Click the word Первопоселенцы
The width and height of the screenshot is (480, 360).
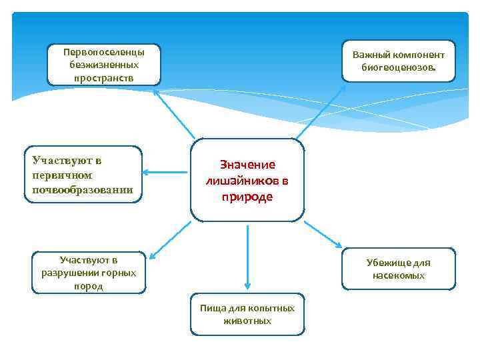point(103,52)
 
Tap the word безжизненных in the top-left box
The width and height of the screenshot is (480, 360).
point(103,65)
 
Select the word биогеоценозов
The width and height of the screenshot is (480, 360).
point(399,67)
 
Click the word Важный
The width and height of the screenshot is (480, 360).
point(373,55)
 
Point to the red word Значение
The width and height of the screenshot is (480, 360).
point(248,165)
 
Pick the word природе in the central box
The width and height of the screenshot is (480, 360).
point(248,197)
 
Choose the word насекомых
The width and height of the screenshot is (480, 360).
point(399,275)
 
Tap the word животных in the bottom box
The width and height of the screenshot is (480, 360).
point(247,321)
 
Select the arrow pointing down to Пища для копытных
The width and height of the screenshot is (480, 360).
point(247,257)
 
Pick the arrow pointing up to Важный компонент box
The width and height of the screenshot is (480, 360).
point(320,111)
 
